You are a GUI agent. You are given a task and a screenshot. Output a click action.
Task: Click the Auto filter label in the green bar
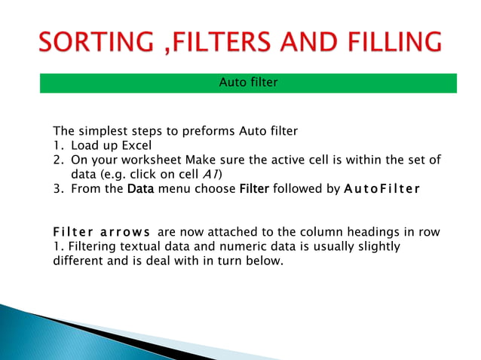point(248,82)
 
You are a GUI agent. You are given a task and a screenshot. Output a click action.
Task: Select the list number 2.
point(57,160)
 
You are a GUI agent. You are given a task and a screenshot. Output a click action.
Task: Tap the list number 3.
point(57,188)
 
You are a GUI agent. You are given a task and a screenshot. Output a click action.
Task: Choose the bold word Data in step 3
point(140,188)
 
